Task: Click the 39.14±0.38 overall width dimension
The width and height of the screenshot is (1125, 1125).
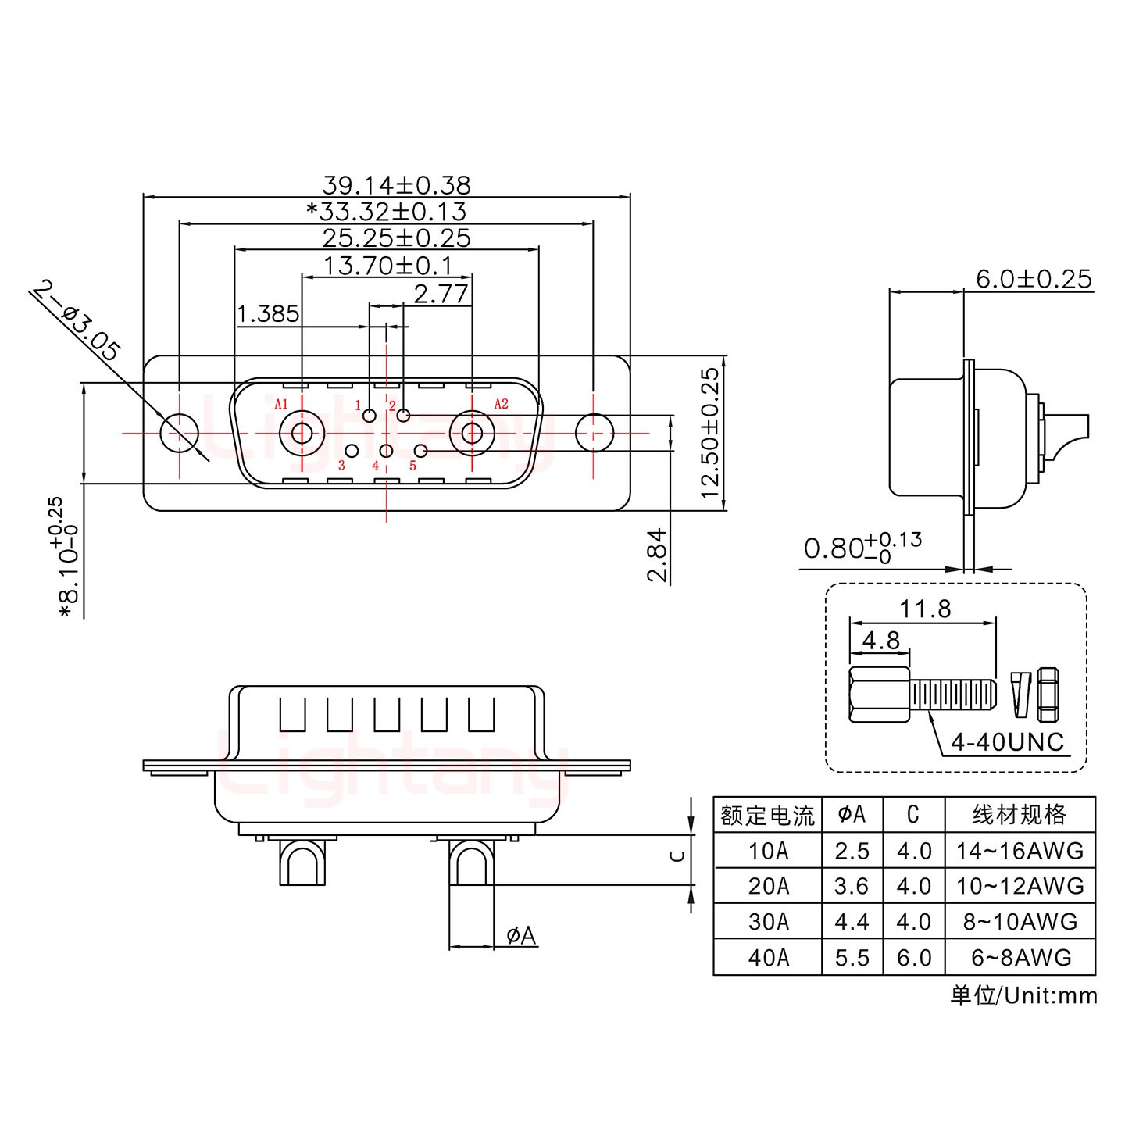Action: click(396, 185)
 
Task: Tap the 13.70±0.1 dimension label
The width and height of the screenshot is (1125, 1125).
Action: click(387, 266)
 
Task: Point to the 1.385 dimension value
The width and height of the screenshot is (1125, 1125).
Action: click(268, 314)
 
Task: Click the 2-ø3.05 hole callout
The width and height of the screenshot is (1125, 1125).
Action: click(76, 320)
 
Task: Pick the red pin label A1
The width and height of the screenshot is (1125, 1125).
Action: click(281, 404)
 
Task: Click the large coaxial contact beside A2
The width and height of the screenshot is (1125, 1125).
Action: click(472, 432)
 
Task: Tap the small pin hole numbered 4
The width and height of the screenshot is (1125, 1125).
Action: click(386, 451)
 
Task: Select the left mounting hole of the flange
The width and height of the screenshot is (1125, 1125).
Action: click(179, 432)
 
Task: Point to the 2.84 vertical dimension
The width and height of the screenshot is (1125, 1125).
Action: click(657, 555)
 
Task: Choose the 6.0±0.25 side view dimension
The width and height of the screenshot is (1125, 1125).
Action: click(1034, 279)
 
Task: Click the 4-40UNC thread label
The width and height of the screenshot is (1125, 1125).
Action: click(1007, 741)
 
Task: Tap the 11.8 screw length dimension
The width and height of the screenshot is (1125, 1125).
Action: click(925, 608)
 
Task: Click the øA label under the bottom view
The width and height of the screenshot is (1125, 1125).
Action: click(521, 935)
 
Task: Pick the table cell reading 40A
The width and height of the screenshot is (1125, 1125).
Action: click(768, 957)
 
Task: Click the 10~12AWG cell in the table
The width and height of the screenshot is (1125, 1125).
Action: click(1020, 886)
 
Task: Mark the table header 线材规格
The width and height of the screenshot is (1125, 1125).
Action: click(1020, 816)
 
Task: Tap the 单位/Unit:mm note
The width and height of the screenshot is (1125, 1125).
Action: click(1023, 995)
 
